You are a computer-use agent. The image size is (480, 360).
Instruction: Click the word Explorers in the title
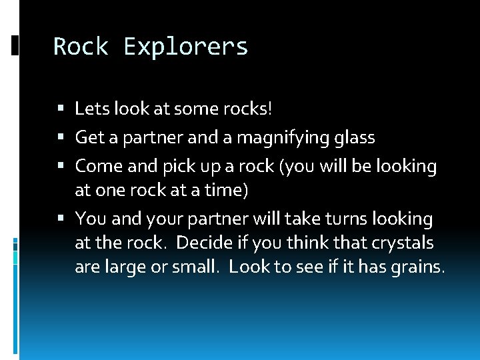click(186, 47)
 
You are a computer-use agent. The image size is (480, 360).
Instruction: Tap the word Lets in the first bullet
click(90, 108)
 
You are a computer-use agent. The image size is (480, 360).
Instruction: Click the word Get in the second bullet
click(89, 137)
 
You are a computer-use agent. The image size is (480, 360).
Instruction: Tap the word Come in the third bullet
click(95, 166)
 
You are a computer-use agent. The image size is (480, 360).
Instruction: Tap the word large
click(126, 267)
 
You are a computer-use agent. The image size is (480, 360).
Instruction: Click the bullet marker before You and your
click(61, 219)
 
